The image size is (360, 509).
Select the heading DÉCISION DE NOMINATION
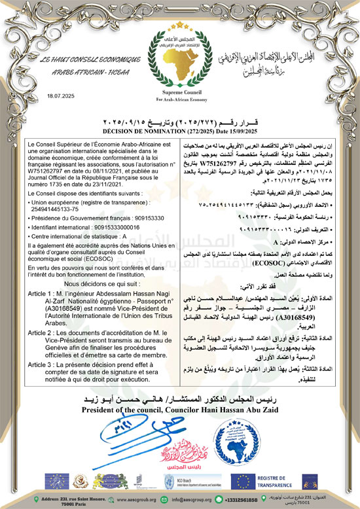click(180, 130)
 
